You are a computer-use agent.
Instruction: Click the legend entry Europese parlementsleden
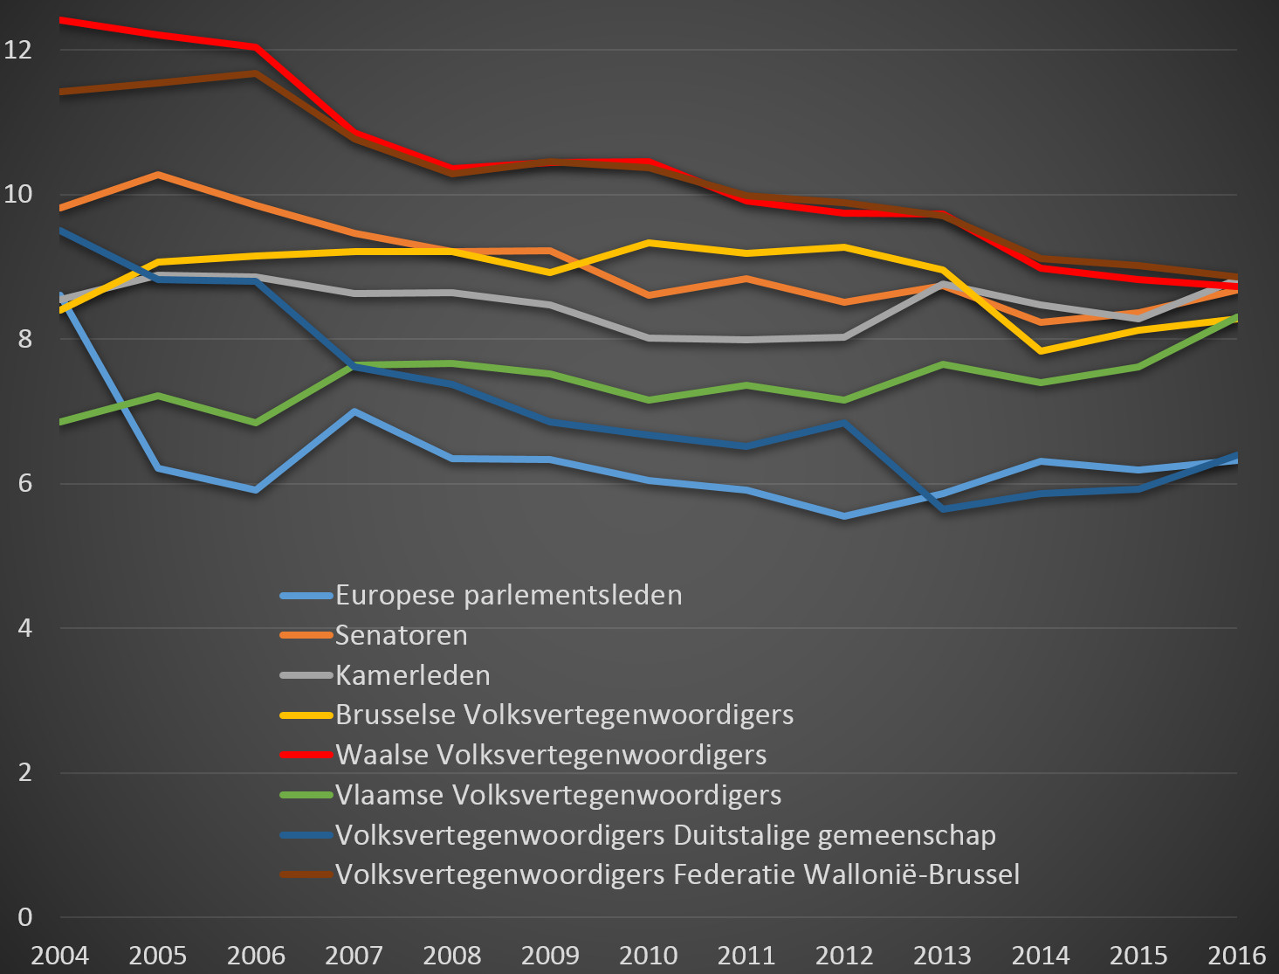(508, 595)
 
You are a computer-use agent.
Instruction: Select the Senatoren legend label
(401, 635)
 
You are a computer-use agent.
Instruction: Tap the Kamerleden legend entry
(412, 675)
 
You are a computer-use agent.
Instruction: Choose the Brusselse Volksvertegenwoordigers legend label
(564, 715)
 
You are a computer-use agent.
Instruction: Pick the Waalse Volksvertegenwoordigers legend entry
(551, 755)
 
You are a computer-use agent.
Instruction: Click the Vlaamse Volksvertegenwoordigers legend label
(558, 795)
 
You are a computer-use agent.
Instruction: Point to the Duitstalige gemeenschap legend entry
(665, 835)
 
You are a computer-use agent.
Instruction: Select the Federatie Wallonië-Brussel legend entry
(677, 874)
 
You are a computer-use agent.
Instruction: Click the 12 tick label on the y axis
(18, 49)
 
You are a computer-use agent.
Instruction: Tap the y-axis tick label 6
(24, 483)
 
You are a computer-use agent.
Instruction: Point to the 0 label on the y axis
(24, 917)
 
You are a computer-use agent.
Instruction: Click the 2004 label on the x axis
(59, 955)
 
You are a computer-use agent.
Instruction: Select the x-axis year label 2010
(648, 955)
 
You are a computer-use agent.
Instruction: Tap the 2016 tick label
(1236, 955)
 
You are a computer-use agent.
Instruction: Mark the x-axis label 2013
(942, 955)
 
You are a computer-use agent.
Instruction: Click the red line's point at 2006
(256, 46)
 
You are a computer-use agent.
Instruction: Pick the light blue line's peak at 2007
(354, 411)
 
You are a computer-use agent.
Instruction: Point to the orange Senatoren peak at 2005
(158, 175)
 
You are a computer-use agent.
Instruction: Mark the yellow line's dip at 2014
(1041, 351)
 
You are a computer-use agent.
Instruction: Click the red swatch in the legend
(306, 755)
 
